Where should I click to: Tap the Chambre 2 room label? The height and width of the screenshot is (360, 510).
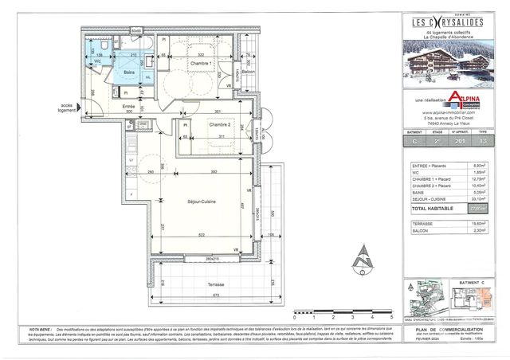pos(219,125)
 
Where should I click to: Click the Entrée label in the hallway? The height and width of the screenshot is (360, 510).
pos(128,107)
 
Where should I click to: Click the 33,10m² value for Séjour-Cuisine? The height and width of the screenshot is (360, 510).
pos(477,200)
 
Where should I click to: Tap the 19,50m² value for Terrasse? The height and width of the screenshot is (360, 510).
pos(477,224)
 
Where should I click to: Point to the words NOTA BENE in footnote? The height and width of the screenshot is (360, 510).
pos(41,327)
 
